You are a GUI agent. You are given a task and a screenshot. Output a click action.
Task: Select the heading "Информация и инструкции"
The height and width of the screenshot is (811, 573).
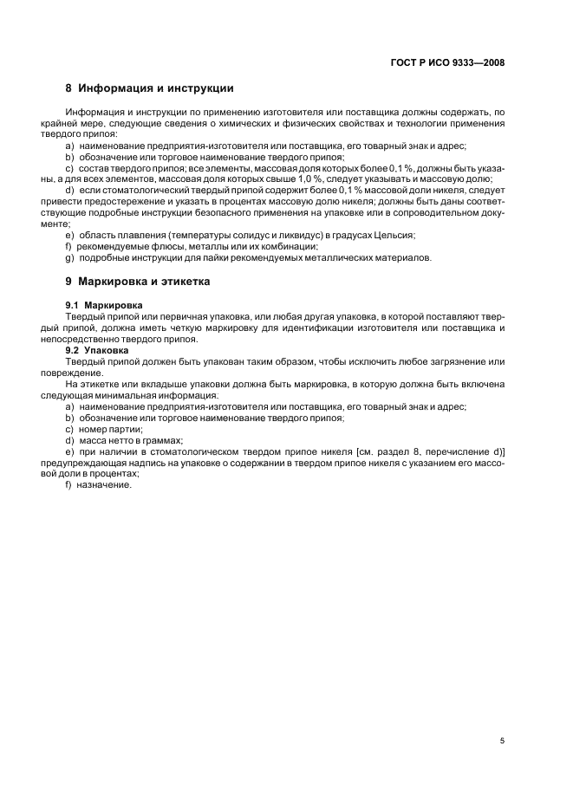click(x=155, y=88)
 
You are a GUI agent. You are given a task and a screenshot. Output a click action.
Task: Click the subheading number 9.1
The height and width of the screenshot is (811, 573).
click(x=73, y=306)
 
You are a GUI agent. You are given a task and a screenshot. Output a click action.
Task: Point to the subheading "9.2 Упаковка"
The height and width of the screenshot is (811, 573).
click(x=97, y=350)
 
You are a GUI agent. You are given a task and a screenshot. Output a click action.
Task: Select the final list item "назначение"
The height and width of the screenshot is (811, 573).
click(x=106, y=485)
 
